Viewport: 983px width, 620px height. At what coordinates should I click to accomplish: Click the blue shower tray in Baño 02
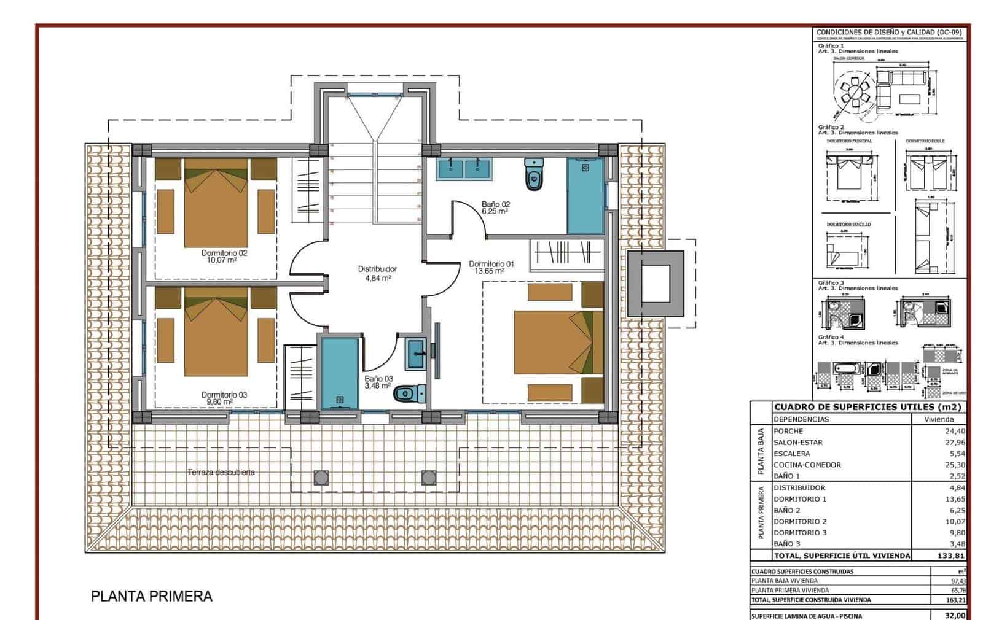(x=585, y=196)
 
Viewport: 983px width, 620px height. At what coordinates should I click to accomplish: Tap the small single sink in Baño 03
(x=416, y=353)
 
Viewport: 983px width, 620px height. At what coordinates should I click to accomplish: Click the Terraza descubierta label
(x=221, y=472)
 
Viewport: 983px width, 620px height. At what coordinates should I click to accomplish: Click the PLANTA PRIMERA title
(x=152, y=596)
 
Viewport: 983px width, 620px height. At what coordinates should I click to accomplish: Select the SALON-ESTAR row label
(x=797, y=442)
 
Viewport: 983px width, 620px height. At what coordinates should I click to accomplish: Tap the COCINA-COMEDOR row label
(x=807, y=465)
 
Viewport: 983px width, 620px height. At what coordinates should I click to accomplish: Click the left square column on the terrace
(x=321, y=477)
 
